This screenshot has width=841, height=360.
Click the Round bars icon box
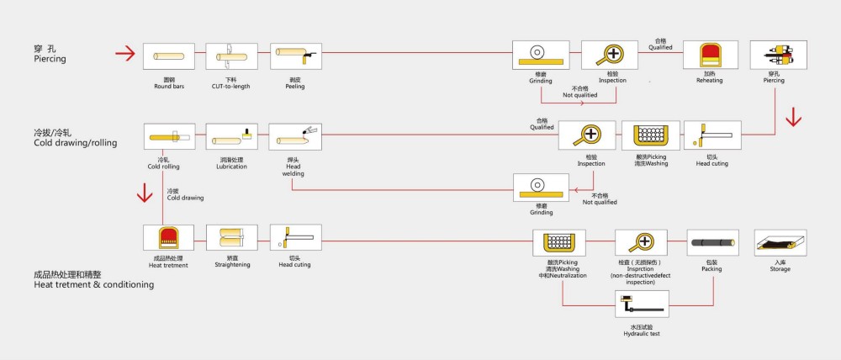168,57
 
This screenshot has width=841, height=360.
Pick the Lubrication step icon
231,138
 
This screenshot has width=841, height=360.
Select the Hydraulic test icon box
643,304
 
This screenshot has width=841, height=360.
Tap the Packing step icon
712,244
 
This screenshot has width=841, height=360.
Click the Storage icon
780,244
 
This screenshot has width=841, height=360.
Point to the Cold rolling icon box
168,138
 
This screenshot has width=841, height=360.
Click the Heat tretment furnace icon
168,239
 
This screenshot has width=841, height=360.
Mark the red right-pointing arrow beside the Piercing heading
125,55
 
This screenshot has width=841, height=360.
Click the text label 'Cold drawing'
185,198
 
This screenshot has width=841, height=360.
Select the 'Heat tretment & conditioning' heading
93,285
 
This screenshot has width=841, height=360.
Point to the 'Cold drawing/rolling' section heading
75,143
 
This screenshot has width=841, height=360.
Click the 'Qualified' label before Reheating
660,48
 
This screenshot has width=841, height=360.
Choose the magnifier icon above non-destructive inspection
643,243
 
